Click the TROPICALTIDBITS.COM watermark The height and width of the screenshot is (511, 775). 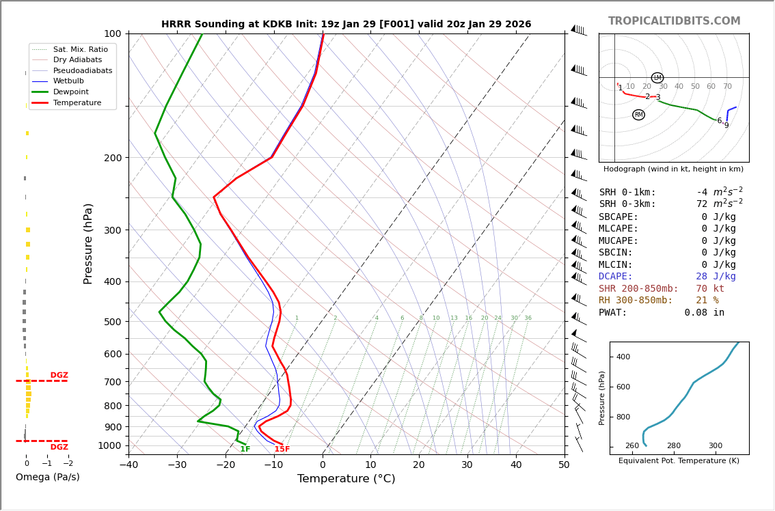click(674, 21)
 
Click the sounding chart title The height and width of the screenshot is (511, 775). click(346, 25)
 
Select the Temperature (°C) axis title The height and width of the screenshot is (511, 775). click(346, 480)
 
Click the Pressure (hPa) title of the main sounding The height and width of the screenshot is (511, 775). click(89, 243)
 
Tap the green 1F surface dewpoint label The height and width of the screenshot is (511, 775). click(245, 450)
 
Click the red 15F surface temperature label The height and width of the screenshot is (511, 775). click(282, 450)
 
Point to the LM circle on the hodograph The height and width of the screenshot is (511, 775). click(657, 78)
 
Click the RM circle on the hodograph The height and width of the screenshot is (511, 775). click(638, 115)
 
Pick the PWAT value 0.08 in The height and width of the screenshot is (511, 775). click(704, 313)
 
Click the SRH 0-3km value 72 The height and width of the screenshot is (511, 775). click(701, 204)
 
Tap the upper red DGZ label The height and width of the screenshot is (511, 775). click(59, 376)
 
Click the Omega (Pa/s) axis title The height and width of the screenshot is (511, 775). click(48, 478)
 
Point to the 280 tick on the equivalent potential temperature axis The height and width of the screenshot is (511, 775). click(674, 446)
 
